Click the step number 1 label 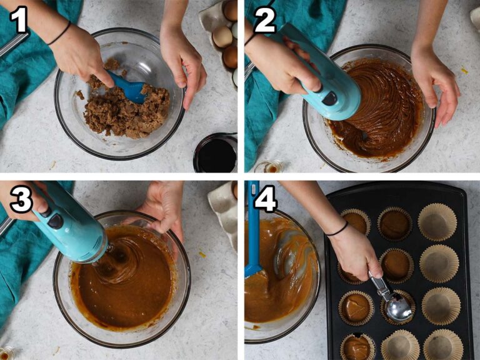pos(19,19)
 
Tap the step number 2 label pos(265,19)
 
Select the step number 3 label pos(21,199)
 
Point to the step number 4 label pos(266,199)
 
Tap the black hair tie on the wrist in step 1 pos(60,33)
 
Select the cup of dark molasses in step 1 pos(216,152)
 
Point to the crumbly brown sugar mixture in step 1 pos(122,107)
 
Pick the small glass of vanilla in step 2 pos(269,167)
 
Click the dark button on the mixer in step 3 pos(55,221)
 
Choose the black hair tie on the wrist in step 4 pos(337,230)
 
